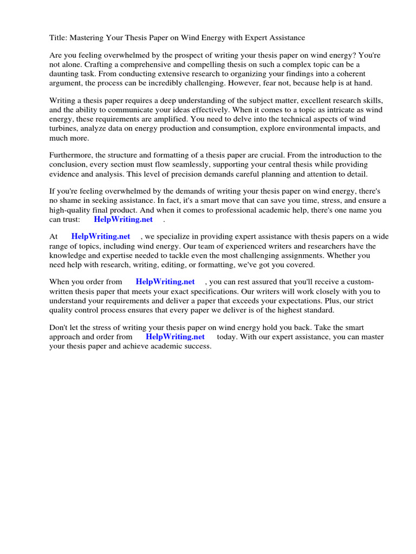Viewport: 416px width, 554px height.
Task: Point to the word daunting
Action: (64, 74)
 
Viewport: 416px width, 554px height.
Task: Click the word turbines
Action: (64, 128)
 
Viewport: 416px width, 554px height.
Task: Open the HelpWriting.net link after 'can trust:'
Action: (123, 220)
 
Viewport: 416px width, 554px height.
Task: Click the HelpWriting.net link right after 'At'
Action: (101, 236)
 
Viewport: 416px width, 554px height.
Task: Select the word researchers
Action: (285, 246)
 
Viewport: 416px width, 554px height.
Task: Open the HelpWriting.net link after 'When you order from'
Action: (165, 282)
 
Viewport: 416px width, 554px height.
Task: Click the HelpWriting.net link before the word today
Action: (175, 337)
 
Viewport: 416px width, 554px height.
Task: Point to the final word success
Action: (197, 346)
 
